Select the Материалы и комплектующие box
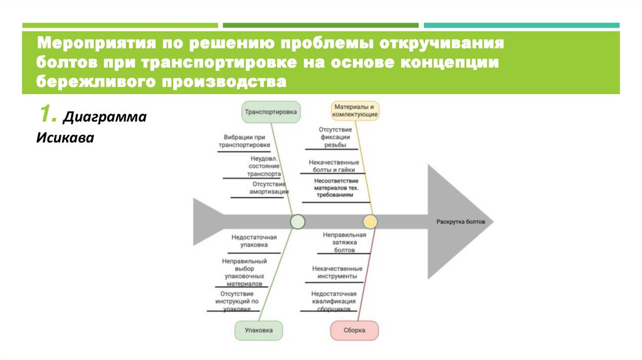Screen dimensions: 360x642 click(x=355, y=111)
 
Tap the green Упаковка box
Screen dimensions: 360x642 click(x=258, y=330)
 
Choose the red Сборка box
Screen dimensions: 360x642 click(x=354, y=330)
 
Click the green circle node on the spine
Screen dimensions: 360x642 click(x=298, y=221)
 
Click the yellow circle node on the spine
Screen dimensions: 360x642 click(x=370, y=221)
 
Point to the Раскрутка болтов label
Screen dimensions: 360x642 click(x=460, y=222)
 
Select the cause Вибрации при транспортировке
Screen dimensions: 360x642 click(x=245, y=140)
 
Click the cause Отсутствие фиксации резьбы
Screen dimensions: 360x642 click(x=334, y=137)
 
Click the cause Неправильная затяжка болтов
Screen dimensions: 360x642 click(x=344, y=241)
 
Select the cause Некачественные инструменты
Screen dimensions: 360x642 click(x=337, y=272)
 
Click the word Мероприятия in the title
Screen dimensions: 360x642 click(x=96, y=45)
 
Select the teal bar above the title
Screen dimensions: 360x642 click(x=521, y=25)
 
